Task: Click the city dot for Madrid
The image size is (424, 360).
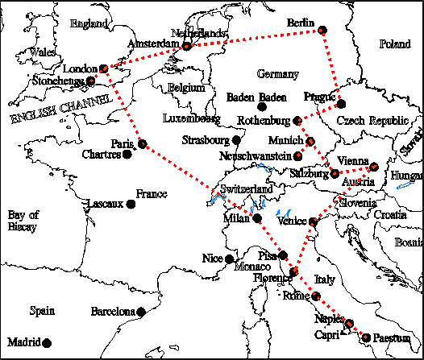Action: pos(48,341)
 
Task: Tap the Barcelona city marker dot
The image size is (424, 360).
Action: pos(141,312)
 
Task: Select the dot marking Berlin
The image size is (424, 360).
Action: pos(322,30)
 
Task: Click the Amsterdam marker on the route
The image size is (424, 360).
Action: pos(187,47)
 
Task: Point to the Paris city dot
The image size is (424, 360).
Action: pos(142,145)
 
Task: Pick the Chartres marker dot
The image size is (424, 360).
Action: pos(126,154)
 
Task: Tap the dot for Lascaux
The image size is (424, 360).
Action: pos(130,204)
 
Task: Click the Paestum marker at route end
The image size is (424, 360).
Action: pos(368,337)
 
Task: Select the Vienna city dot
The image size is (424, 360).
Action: pos(374,167)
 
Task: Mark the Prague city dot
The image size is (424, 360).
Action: pos(341,104)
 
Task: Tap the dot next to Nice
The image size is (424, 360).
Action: pos(230,259)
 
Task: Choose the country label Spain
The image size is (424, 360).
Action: pos(41,311)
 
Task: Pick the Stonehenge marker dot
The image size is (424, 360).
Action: pos(91,81)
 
